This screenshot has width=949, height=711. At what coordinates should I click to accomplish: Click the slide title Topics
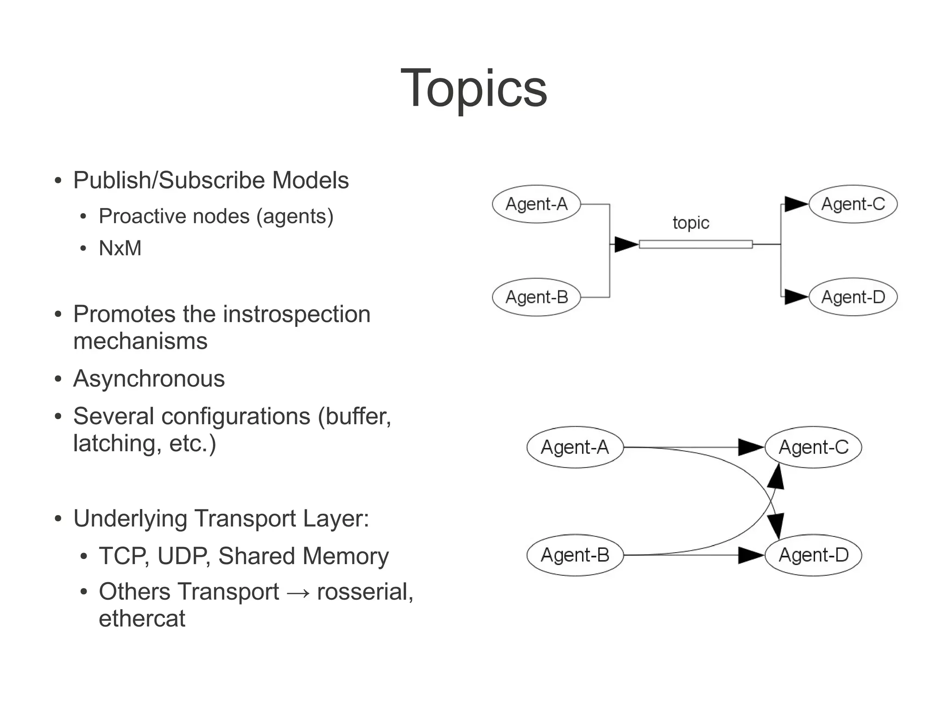tap(474, 88)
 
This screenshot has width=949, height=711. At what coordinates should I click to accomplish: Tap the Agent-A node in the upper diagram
tap(536, 204)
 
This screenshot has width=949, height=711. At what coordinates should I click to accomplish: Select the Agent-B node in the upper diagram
tap(536, 297)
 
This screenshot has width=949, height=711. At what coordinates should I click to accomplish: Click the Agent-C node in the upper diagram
tap(853, 204)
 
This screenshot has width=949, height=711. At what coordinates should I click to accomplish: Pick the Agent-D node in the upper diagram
tap(853, 297)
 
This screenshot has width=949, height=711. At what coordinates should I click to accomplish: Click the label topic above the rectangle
tap(690, 223)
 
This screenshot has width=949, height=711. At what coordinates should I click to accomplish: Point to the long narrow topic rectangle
tap(696, 244)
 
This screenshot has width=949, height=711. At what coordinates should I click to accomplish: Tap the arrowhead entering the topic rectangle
tap(626, 244)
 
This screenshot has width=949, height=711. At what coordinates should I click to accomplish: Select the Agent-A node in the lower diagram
tap(575, 447)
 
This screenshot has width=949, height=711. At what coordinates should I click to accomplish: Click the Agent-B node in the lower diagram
tap(575, 555)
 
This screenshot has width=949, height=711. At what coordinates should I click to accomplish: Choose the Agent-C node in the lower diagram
tap(813, 447)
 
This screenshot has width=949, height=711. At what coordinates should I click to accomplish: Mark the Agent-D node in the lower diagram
tap(813, 555)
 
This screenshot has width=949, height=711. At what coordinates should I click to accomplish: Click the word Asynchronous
tap(149, 379)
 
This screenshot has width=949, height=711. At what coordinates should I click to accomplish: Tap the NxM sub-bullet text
tap(120, 248)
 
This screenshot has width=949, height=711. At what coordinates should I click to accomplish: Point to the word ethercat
tap(142, 619)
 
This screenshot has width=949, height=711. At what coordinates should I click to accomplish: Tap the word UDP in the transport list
tap(183, 556)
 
